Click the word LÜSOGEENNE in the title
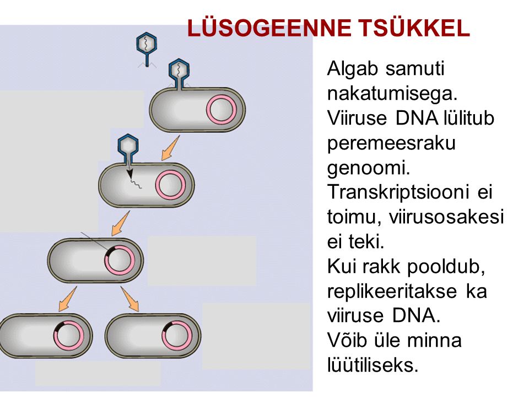click(269, 28)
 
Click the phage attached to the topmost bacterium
click(179, 72)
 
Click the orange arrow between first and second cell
click(170, 148)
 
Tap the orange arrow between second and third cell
click(120, 223)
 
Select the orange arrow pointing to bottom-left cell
click(67, 299)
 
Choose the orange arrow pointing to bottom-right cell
click(130, 299)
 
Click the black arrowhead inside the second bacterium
click(129, 174)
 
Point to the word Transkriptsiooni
click(398, 192)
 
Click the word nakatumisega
click(392, 94)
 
